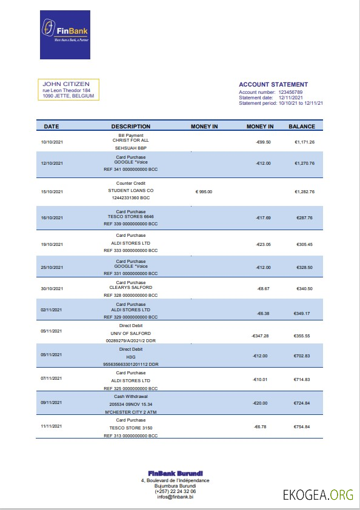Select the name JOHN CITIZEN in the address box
tap(66, 84)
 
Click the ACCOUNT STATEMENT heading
tap(273, 85)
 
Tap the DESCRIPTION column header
tap(130, 127)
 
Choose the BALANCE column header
tap(301, 127)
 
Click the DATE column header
tap(52, 127)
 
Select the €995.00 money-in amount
tap(204, 191)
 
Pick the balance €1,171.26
tap(304, 142)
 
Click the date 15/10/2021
tap(52, 191)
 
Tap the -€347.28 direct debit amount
tap(260, 336)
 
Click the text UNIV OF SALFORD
tap(130, 334)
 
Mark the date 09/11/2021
tap(52, 402)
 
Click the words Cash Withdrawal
tap(130, 396)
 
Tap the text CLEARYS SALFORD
tap(131, 287)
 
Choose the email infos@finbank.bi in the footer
tap(176, 497)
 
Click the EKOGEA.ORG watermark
tap(318, 495)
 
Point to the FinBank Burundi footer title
tap(176, 473)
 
